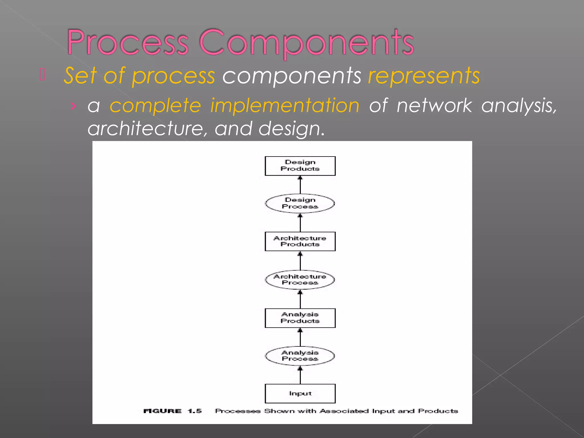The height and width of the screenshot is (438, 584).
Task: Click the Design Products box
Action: tap(300, 166)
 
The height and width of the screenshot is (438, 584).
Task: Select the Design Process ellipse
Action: tap(300, 203)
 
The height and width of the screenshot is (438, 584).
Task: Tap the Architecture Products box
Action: tap(300, 241)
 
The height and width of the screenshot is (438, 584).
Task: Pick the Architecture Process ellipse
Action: tap(300, 279)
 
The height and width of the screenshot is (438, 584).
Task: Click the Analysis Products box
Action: tap(300, 318)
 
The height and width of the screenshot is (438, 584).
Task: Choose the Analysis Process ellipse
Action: tap(300, 356)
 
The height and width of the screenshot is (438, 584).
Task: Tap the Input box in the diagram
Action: tap(300, 394)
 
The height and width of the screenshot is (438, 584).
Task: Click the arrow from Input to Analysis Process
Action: tap(300, 375)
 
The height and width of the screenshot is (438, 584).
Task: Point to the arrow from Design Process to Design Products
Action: tap(300, 184)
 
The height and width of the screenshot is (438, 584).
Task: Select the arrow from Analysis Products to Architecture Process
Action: tap(300, 299)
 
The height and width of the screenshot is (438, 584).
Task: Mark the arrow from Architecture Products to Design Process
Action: tap(300, 223)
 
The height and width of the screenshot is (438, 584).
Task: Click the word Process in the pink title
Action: tap(128, 43)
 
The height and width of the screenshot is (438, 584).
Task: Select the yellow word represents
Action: tap(424, 76)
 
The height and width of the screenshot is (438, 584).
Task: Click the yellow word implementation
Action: tap(285, 106)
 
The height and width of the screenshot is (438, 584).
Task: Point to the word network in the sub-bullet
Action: tap(434, 106)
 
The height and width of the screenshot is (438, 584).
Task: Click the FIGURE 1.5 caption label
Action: tap(173, 411)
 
